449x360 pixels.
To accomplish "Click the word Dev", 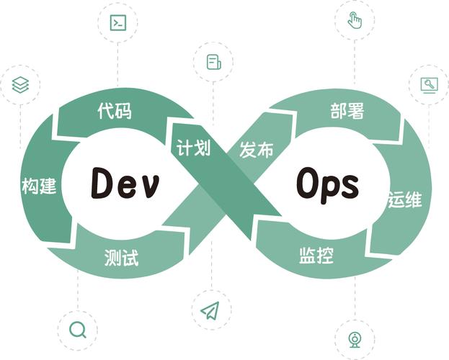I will (125, 184).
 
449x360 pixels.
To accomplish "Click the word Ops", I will (326, 184).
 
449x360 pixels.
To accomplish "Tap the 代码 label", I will (115, 112).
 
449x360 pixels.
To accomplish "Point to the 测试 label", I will (120, 257).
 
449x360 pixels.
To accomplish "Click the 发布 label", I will (257, 150).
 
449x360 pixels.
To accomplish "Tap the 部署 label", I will (347, 111).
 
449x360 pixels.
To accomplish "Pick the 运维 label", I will (404, 201).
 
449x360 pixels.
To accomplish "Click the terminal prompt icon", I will (117, 22).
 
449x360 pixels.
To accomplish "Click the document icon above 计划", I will (213, 62).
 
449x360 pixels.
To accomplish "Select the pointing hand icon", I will (355, 20).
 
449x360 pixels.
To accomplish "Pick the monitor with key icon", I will (429, 85).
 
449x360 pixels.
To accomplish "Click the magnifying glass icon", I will (77, 330).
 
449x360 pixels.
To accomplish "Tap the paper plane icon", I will (210, 310).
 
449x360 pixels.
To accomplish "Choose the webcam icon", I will (355, 339).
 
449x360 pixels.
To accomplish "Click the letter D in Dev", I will (100, 184).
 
